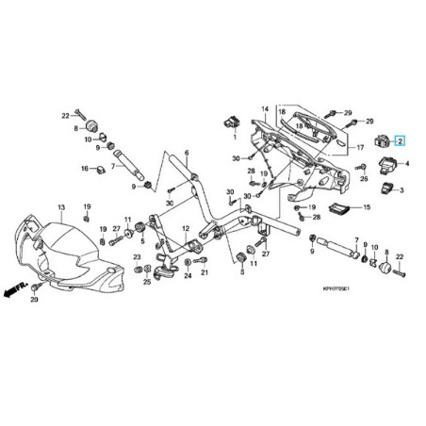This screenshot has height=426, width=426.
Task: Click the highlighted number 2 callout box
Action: click(x=400, y=140)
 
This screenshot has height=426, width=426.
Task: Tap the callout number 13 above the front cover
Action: click(x=60, y=205)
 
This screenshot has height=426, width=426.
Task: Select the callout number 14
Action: click(x=266, y=109)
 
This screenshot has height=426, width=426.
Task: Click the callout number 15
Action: click(x=368, y=207)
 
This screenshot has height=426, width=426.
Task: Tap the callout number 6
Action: click(x=187, y=153)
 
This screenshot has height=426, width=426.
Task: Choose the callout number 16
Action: click(x=81, y=170)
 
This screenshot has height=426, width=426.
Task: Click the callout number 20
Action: click(x=35, y=300)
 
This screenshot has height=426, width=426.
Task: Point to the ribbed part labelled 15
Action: click(x=337, y=208)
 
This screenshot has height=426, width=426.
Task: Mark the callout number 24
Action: click(x=188, y=275)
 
